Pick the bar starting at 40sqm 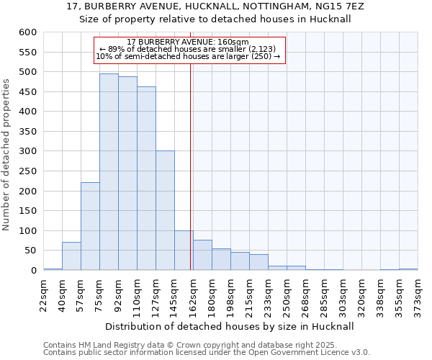pos(71,256)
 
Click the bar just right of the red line pos(202,255)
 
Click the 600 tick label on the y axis pos(27,32)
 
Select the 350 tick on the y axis pos(27,132)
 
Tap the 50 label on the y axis pos(30,251)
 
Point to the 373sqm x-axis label pos(418,294)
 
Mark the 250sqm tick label pos(287,294)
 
